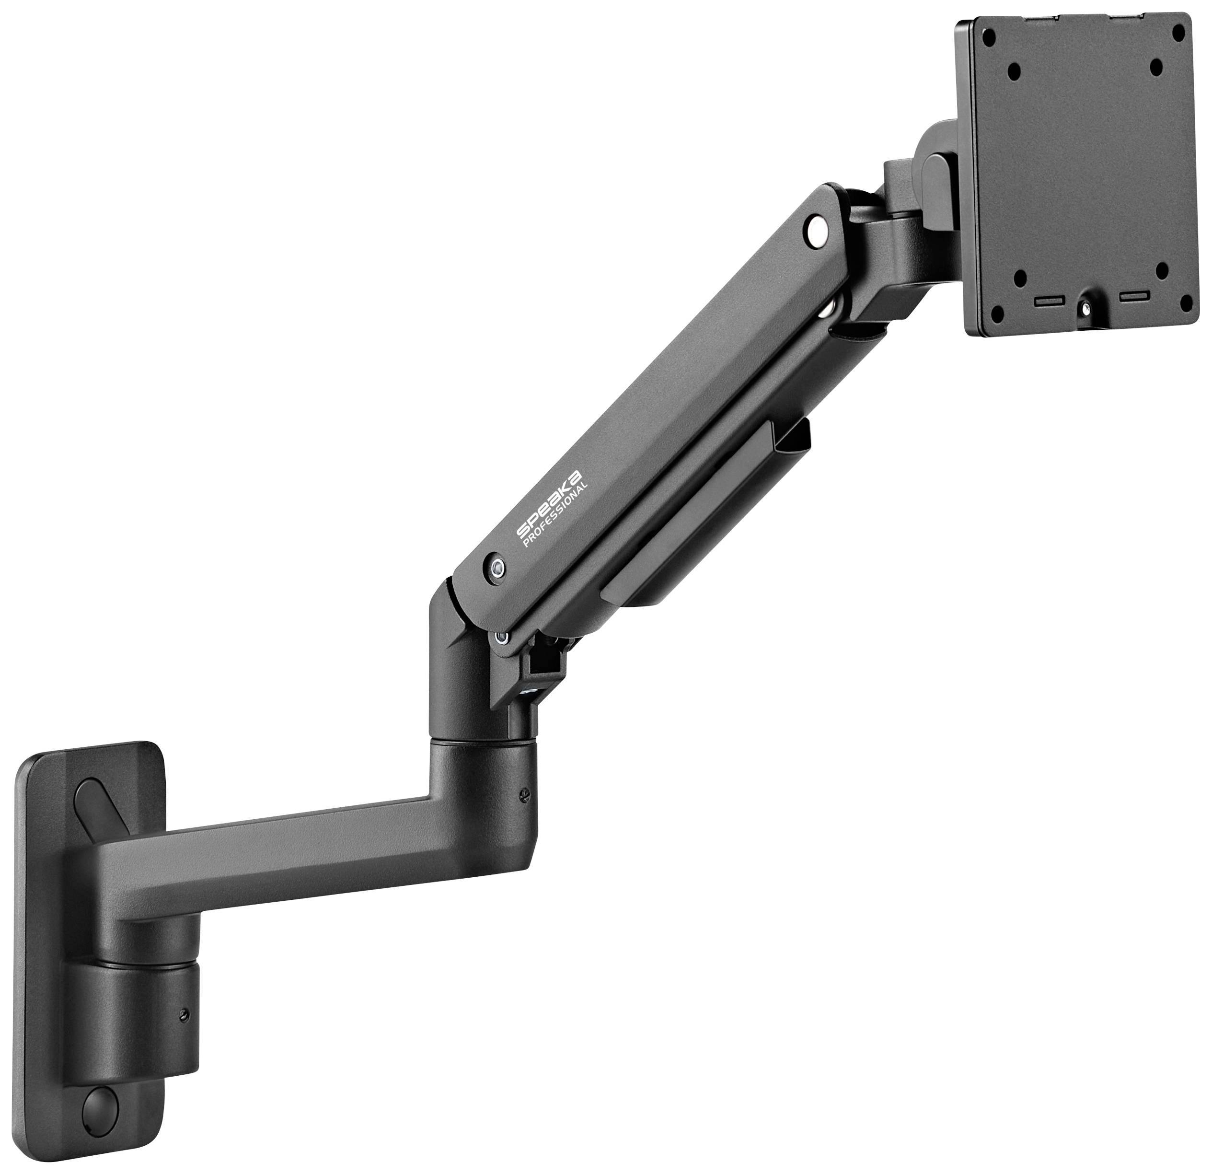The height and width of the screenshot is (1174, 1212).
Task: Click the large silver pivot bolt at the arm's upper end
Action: pyautogui.click(x=818, y=231)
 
